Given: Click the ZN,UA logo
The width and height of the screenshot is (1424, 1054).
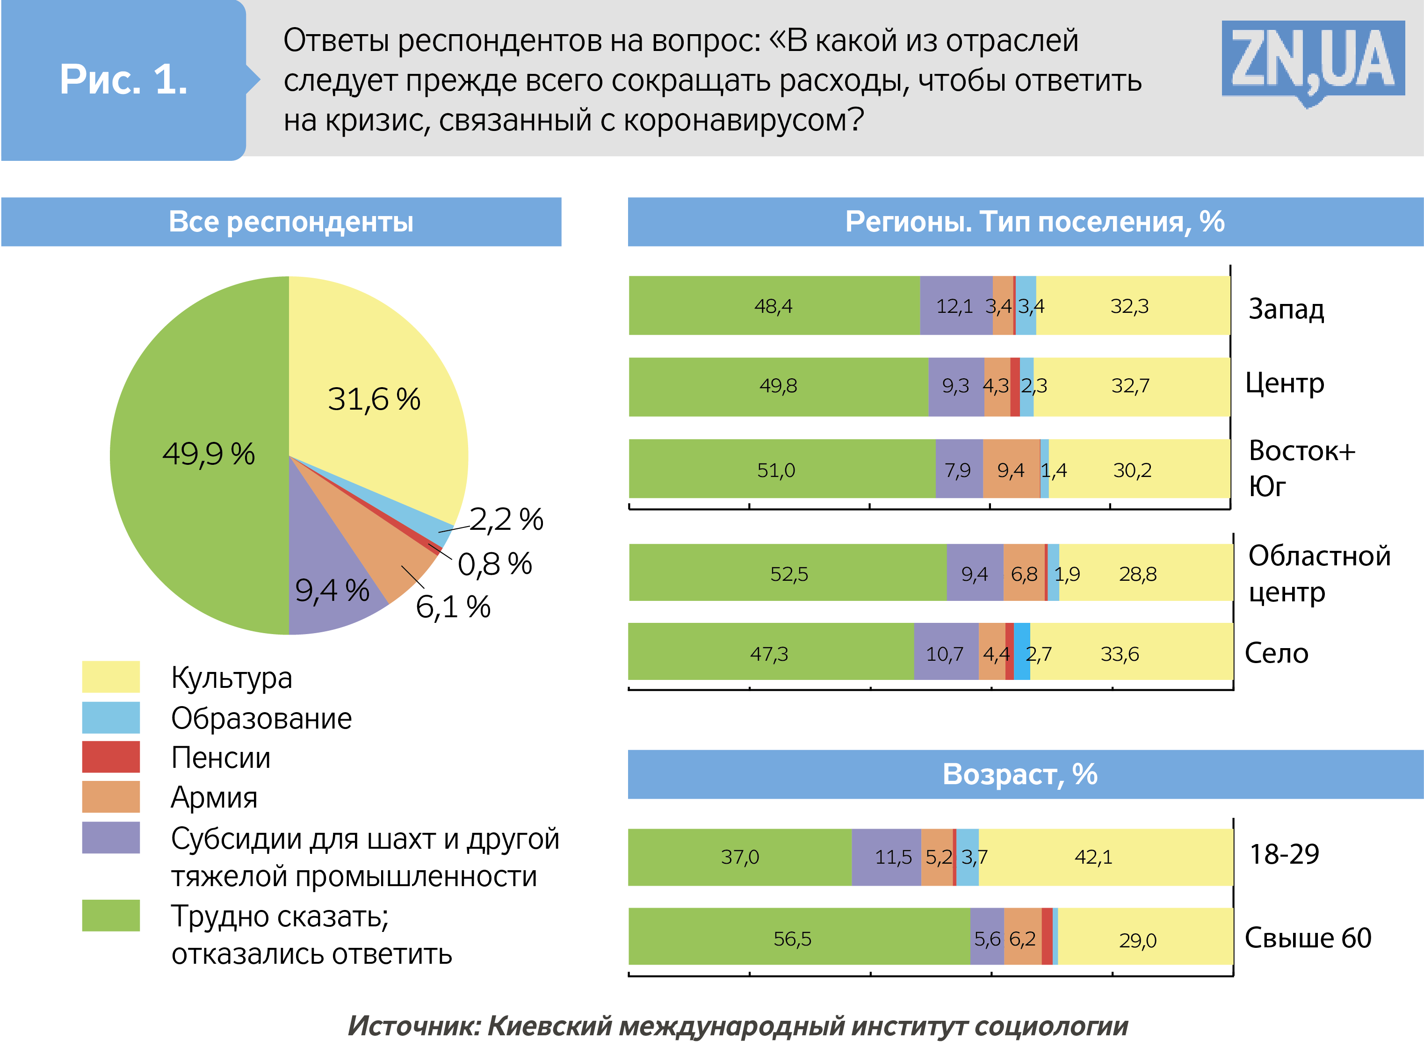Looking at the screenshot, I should click(1312, 59).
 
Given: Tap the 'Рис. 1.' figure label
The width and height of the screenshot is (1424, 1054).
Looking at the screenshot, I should click(123, 80).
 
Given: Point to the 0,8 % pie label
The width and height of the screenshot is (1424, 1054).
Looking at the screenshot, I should click(494, 564).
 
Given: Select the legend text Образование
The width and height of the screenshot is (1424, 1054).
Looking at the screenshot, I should click(261, 718).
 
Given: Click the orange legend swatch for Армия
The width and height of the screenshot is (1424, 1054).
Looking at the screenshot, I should click(110, 797).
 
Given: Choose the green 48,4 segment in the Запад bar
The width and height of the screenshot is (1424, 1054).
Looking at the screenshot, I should click(773, 306).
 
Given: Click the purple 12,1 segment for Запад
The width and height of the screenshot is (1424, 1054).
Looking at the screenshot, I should click(955, 306).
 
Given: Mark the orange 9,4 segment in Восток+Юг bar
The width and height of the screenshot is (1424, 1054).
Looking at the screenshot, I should click(1011, 469).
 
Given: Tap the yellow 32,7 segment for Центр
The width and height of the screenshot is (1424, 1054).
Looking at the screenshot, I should click(1130, 386).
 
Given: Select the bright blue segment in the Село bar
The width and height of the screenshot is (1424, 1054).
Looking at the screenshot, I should click(1021, 651).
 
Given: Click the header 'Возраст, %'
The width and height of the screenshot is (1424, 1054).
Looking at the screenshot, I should click(1019, 774).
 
